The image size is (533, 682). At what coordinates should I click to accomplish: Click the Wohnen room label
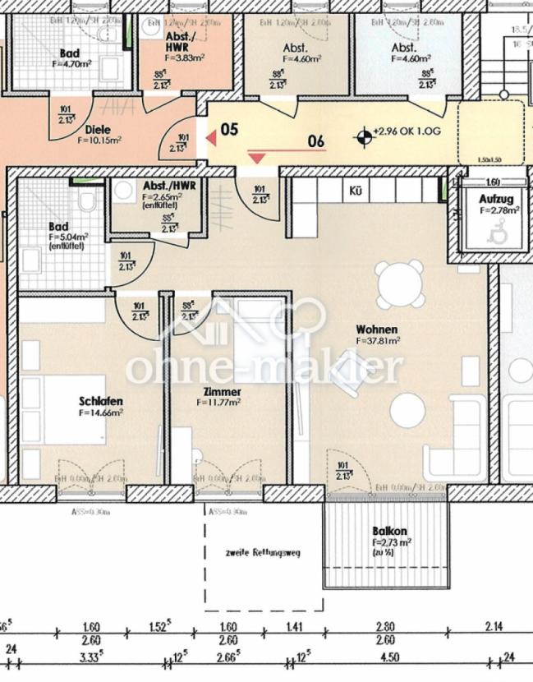coord(377,328)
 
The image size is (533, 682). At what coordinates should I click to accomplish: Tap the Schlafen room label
coord(101,401)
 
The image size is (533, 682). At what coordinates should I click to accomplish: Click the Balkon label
coord(389,532)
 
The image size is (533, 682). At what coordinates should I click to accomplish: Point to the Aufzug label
coord(497,200)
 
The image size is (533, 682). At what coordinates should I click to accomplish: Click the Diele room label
coord(99,129)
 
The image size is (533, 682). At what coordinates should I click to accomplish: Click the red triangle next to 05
coord(211,139)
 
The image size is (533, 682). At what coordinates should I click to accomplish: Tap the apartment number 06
coord(315,141)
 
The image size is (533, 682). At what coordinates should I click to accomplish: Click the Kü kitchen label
coord(356,190)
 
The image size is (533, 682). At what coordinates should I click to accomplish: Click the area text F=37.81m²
coord(378,339)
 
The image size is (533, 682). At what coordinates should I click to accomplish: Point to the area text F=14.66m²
coord(101,412)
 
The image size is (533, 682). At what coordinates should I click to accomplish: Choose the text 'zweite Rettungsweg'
coord(263,553)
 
